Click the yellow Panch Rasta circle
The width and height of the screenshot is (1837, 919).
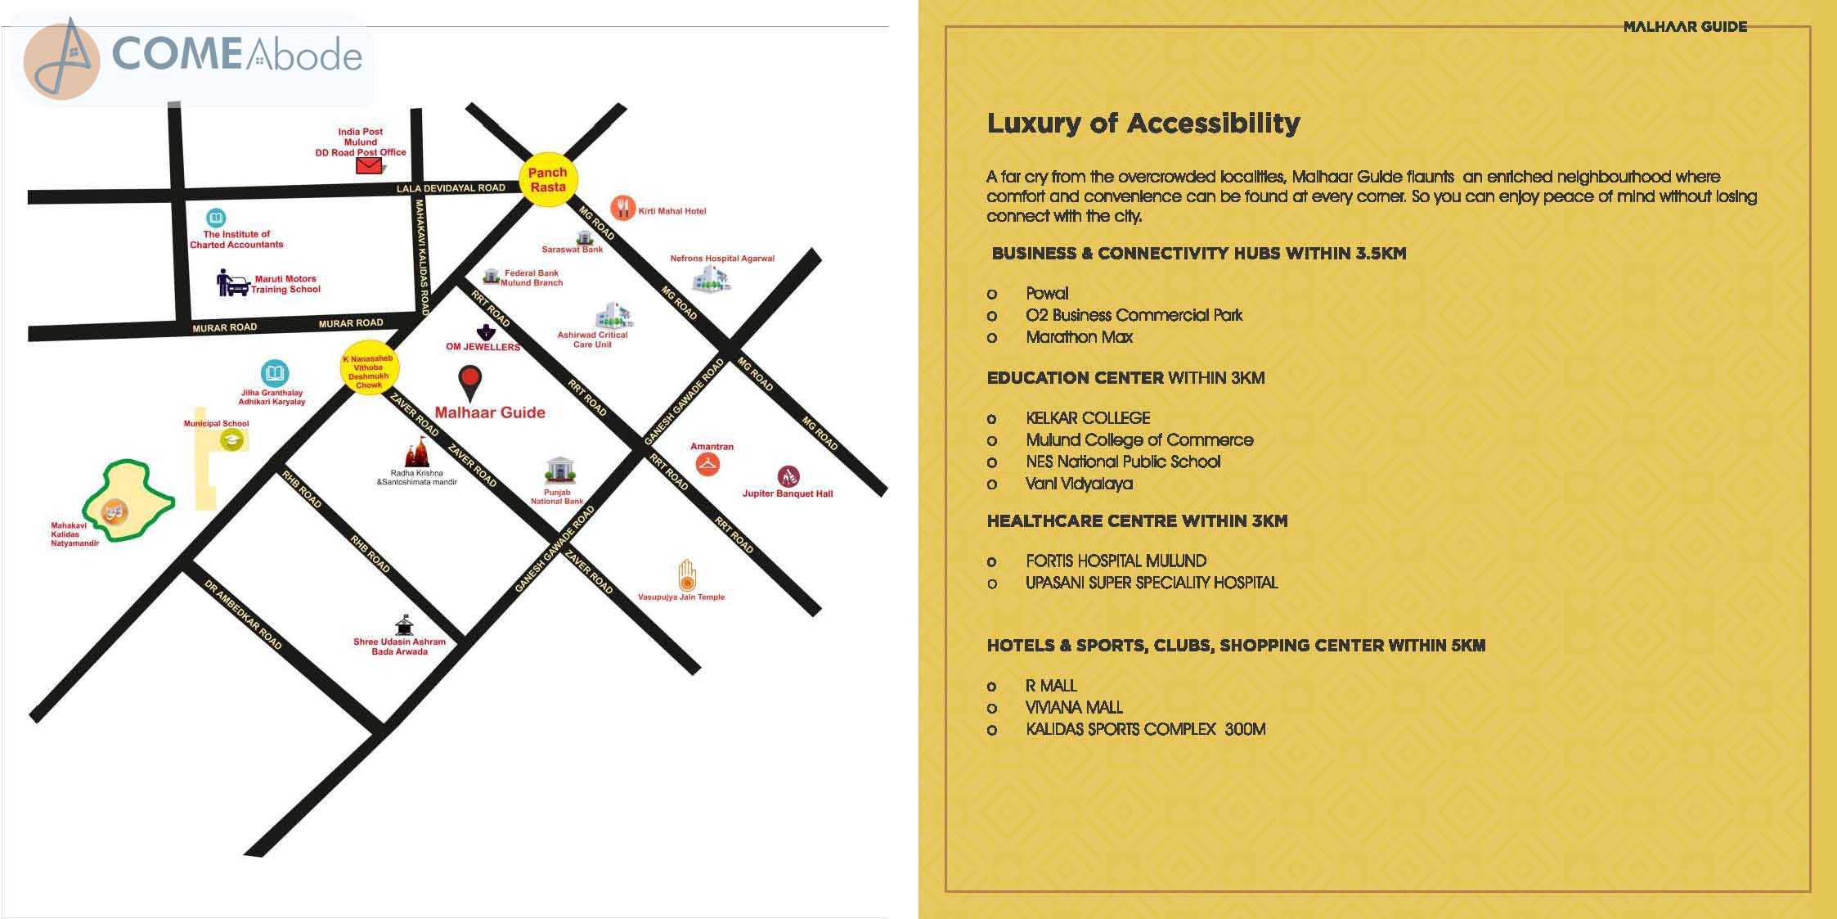548,179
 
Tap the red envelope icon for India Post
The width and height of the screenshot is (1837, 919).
369,166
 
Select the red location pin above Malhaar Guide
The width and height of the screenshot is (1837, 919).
470,383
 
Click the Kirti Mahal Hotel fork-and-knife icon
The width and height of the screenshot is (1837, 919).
622,209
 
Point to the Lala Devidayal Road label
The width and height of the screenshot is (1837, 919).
451,188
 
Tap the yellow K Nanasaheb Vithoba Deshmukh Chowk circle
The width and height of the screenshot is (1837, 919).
369,368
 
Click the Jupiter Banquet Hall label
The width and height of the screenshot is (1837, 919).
788,493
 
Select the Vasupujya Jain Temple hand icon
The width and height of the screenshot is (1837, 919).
687,574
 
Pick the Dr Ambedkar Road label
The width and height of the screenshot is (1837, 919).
243,615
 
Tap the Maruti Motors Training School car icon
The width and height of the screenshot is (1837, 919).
232,283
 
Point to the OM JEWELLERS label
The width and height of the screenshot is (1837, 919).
483,347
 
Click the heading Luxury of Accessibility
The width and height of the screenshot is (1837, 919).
1143,123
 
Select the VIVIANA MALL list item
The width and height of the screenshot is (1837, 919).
1074,707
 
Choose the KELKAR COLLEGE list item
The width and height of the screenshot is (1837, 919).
1088,418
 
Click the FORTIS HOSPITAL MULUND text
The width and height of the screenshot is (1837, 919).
1116,561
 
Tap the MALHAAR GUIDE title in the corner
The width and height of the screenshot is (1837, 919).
1685,27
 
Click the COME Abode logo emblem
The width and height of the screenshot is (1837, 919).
62,61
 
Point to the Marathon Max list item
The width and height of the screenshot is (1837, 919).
1079,337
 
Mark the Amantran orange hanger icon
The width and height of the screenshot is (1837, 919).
707,465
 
